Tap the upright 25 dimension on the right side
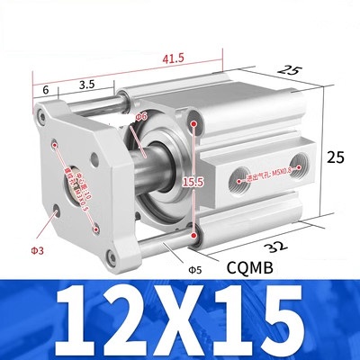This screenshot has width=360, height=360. pyautogui.click(x=336, y=156)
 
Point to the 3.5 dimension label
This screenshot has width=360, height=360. pyautogui.click(x=87, y=84)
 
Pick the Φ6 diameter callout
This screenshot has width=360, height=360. pyautogui.click(x=140, y=116)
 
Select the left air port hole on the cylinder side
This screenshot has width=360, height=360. pyautogui.click(x=238, y=175)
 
